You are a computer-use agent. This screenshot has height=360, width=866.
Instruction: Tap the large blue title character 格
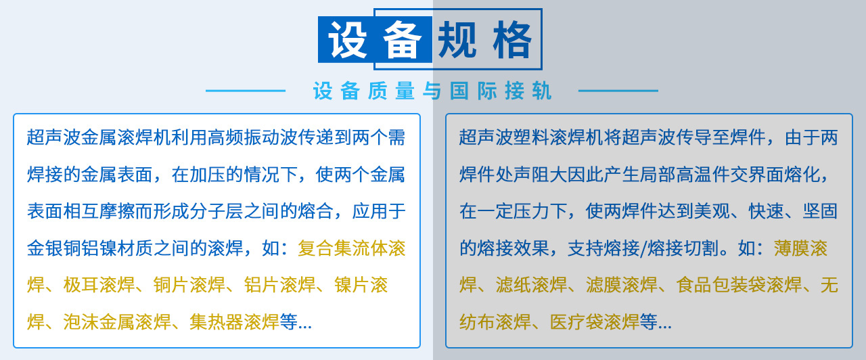tap(512, 40)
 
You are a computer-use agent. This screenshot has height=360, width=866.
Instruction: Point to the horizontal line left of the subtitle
tap(245, 91)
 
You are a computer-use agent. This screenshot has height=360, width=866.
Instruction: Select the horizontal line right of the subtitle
tap(618, 91)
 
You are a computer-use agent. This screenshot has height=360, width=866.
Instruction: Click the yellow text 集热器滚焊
tap(234, 322)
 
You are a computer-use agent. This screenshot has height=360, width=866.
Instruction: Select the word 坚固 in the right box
tap(819, 211)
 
